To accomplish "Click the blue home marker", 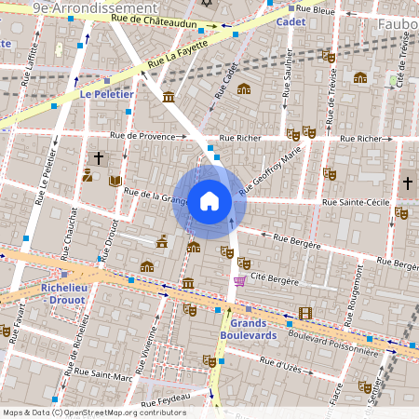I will [x=209, y=200].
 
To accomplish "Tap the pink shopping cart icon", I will [x=240, y=280].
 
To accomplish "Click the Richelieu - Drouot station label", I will [x=64, y=294].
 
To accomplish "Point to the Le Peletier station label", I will [x=107, y=94].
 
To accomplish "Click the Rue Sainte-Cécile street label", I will [x=357, y=200].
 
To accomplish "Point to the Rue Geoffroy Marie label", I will [x=271, y=170].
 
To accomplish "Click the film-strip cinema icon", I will [x=305, y=314].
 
